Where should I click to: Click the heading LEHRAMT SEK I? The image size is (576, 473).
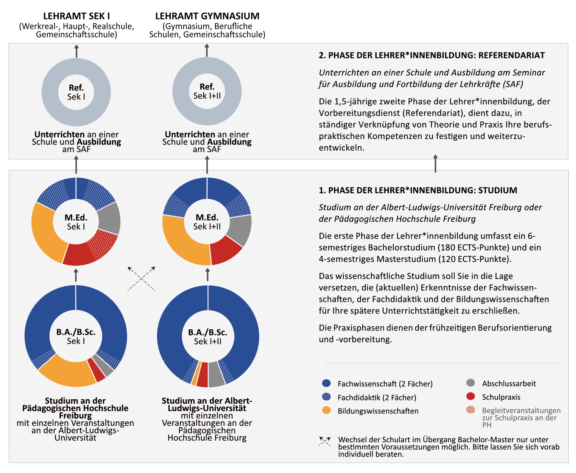coord(76,16)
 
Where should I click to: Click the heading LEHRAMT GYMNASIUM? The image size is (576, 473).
coord(207,16)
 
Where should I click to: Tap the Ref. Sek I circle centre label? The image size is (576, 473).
coord(76,92)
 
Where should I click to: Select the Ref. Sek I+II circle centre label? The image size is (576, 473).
coord(207,91)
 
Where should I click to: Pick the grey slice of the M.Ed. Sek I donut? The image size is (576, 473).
coord(109,218)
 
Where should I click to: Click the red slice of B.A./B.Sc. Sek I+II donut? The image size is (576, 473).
coord(202,374)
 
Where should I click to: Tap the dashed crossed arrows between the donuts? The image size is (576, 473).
coord(141,278)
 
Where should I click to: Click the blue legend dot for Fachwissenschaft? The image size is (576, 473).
coord(326,383)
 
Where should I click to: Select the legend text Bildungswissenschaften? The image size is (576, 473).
coord(378,411)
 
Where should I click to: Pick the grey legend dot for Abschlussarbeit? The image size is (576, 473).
coord(470,383)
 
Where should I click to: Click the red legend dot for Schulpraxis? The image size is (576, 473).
coord(470,397)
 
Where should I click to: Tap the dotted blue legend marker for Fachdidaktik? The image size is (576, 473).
coord(326,397)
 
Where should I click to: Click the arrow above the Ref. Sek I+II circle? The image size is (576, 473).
coord(207,50)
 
